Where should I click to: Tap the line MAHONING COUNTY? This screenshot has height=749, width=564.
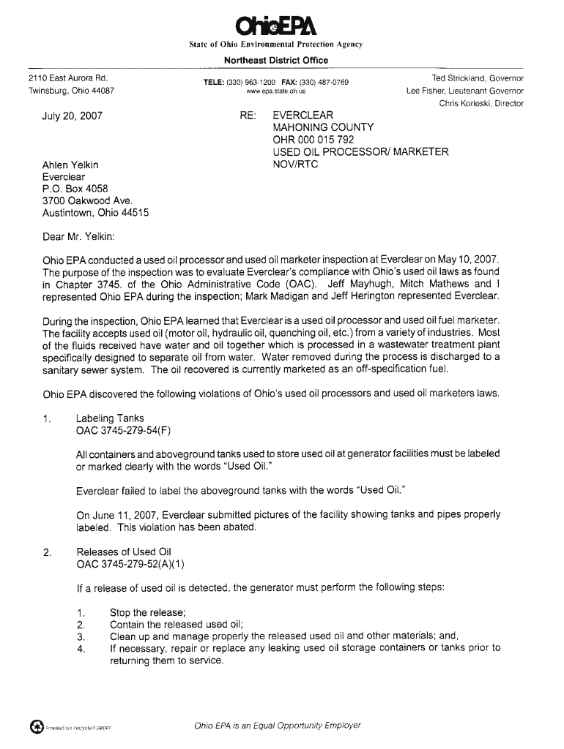coord(323,127)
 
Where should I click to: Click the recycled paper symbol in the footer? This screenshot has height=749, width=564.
coord(35,726)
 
